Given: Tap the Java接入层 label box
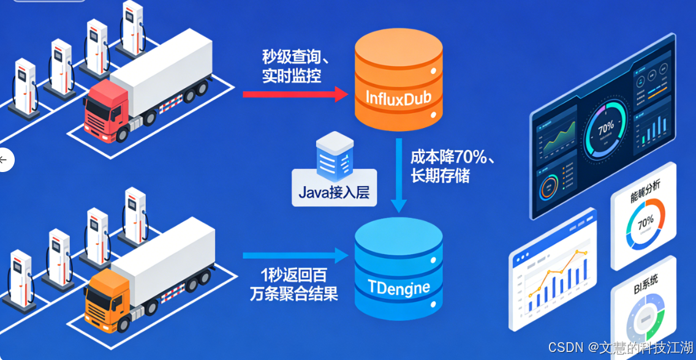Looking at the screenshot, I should [x=334, y=192].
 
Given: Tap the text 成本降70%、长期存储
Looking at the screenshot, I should [x=452, y=166].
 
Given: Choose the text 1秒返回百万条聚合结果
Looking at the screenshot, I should [x=293, y=285].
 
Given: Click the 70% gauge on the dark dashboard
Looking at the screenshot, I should [x=605, y=129].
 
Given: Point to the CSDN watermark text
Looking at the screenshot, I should [x=620, y=347].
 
